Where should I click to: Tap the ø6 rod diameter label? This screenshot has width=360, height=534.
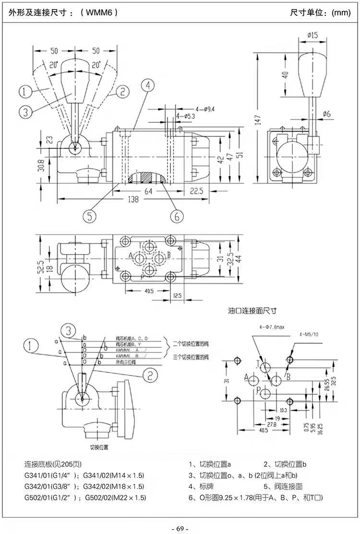[328, 114]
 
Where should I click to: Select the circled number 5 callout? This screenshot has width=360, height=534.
[89, 216]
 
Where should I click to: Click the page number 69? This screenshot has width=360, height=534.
[180, 528]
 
